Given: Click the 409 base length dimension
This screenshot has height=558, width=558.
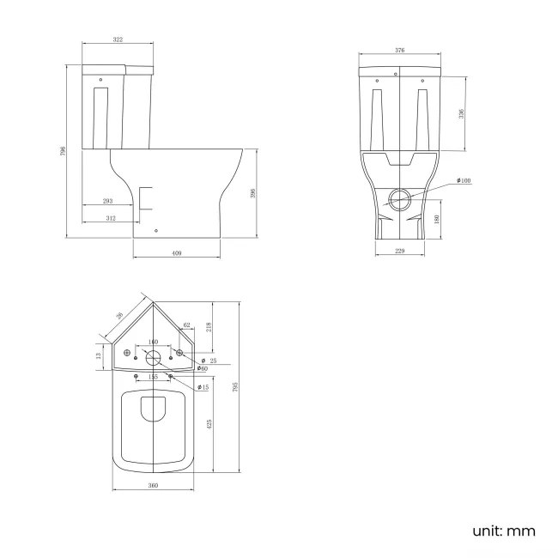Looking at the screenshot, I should pyautogui.click(x=177, y=253).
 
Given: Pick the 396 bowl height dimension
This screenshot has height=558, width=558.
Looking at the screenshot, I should pyautogui.click(x=253, y=193).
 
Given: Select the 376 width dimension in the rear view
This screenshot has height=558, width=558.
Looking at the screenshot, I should pyautogui.click(x=399, y=51).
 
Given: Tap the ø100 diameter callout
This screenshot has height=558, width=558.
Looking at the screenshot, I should pyautogui.click(x=464, y=180).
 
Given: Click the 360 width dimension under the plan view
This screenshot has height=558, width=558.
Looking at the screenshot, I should pyautogui.click(x=153, y=487).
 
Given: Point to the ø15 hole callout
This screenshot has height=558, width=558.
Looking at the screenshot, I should pyautogui.click(x=203, y=388).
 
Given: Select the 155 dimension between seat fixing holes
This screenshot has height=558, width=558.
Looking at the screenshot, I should pyautogui.click(x=153, y=376).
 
